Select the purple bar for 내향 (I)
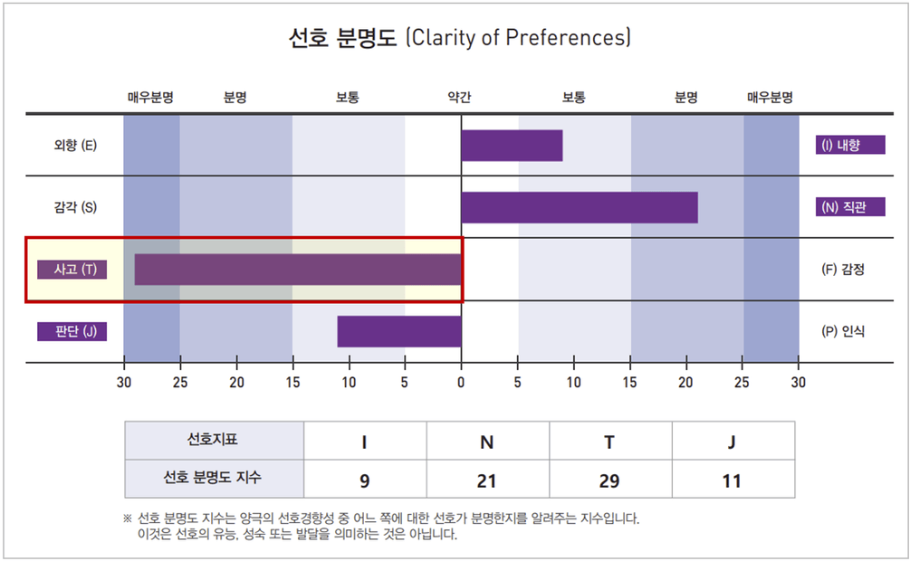512,146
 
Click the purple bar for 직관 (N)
580,207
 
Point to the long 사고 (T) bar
298,270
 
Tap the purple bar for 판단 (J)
399,331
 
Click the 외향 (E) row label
75,146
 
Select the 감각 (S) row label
75,207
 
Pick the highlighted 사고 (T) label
72,270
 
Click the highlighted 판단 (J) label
72,331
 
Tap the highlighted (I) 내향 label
850,146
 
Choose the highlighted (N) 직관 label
850,207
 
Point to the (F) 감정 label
843,270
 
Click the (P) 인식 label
843,331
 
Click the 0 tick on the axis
461,383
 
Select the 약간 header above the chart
460,97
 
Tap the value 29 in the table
609,481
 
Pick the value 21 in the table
487,481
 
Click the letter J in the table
732,442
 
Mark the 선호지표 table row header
214,441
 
